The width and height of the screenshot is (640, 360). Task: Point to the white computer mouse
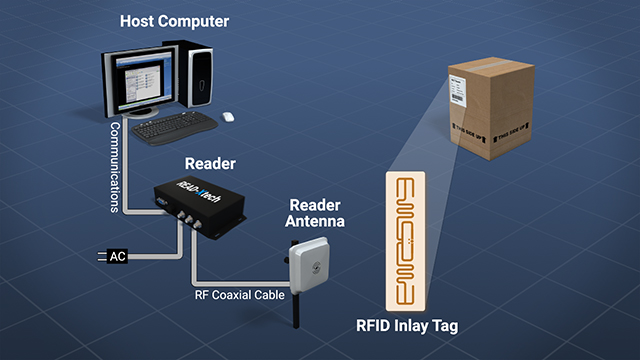click(x=229, y=115)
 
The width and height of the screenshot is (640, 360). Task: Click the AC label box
click(x=116, y=257)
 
